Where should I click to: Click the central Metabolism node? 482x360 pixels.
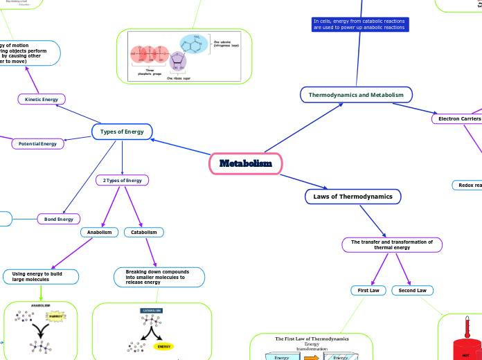(x=246, y=164)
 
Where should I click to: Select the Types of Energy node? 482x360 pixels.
(x=122, y=132)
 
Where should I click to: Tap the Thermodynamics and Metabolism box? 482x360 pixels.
(x=357, y=94)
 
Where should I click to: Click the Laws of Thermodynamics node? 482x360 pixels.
(x=352, y=197)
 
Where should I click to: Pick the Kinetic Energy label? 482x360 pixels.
(x=42, y=100)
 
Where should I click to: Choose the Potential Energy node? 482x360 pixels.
(x=38, y=144)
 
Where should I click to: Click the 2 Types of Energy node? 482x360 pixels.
(x=122, y=181)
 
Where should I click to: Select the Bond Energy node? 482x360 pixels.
(x=59, y=219)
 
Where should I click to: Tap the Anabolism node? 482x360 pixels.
(x=100, y=233)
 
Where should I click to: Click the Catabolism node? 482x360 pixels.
(x=145, y=233)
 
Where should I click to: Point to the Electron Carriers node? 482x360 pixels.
(x=456, y=119)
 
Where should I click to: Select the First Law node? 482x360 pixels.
(x=368, y=290)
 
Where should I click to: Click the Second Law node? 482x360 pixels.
(x=413, y=290)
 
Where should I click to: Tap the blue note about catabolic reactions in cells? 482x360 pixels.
(x=359, y=25)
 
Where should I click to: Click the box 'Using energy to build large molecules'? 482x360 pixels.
(x=41, y=277)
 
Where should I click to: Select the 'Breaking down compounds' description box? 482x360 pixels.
(x=159, y=277)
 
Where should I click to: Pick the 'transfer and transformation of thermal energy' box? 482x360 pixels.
(x=392, y=245)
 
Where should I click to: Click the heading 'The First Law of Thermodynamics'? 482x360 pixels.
(x=312, y=339)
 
